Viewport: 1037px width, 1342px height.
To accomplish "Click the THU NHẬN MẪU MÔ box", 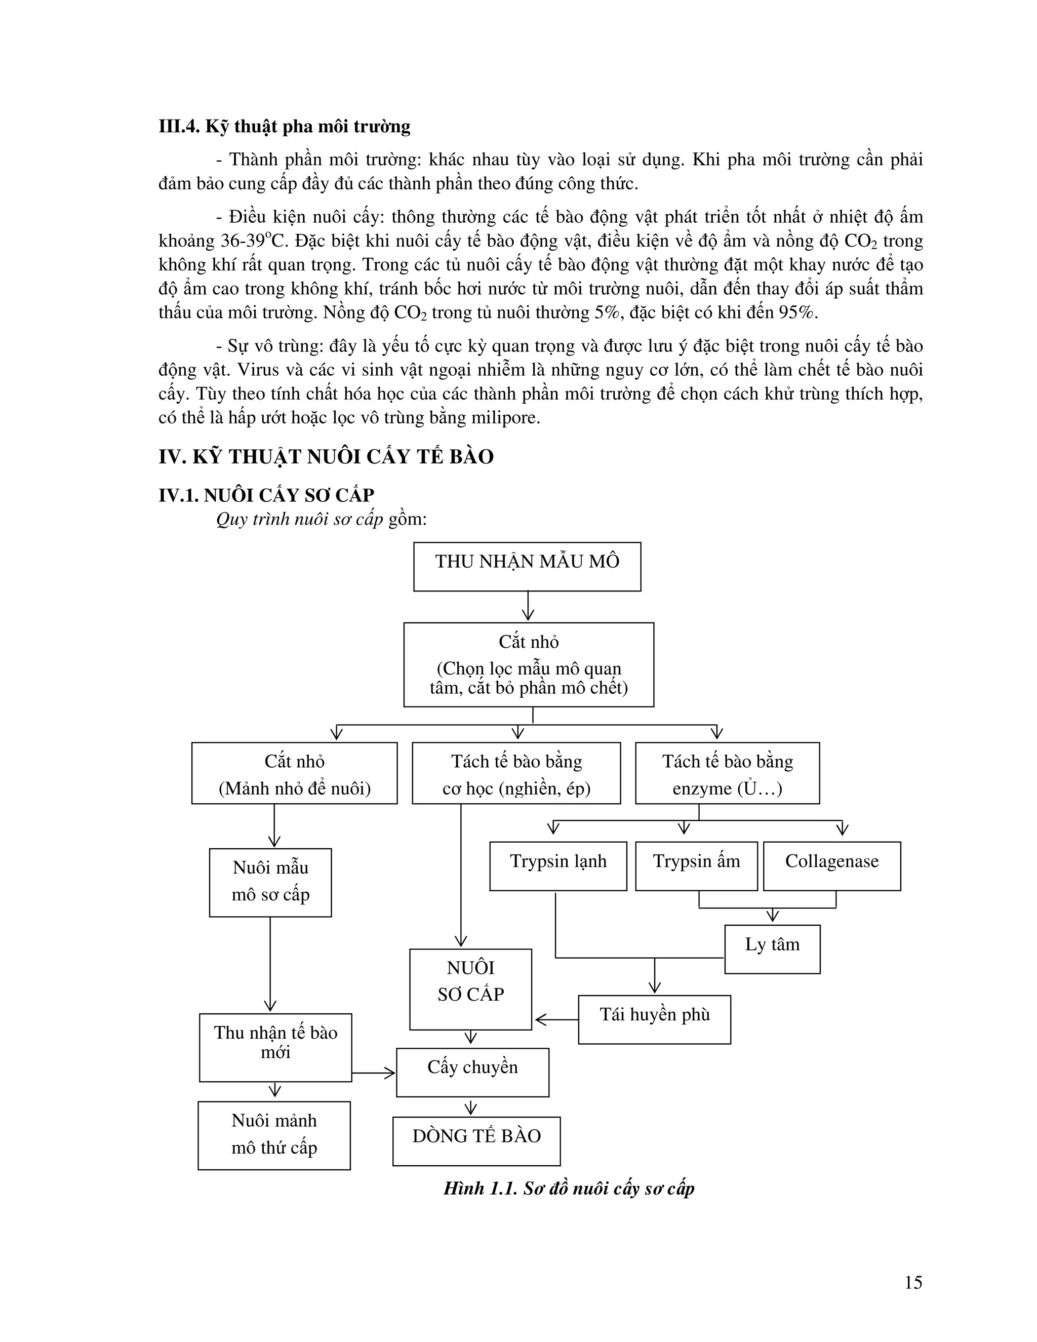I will pos(527,566).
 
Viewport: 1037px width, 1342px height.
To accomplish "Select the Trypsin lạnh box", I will pos(558,866).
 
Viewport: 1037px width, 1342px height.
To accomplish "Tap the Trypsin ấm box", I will pos(696,866).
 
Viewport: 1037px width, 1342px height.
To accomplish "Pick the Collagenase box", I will pos(832,866).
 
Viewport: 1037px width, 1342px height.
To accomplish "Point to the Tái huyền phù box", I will pos(654,1019).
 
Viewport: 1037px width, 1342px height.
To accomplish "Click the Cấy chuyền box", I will pos(472,1072).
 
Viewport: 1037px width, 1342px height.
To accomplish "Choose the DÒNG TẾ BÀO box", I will pos(476,1140).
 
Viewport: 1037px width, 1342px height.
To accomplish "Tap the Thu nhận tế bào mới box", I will pos(275,1047).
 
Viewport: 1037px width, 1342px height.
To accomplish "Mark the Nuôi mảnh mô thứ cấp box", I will pos(274,1135).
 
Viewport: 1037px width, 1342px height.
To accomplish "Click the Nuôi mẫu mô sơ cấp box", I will pos(270,882).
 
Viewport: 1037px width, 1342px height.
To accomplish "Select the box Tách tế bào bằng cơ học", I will pos(516,773).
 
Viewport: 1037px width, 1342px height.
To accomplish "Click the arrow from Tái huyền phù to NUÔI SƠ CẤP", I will pos(555,1020).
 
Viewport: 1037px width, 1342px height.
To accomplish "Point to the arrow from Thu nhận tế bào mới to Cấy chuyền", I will pos(374,1073).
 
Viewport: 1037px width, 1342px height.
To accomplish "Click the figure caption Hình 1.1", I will pos(568,1189).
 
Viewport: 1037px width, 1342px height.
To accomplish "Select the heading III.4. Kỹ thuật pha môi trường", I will pos(285,127).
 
